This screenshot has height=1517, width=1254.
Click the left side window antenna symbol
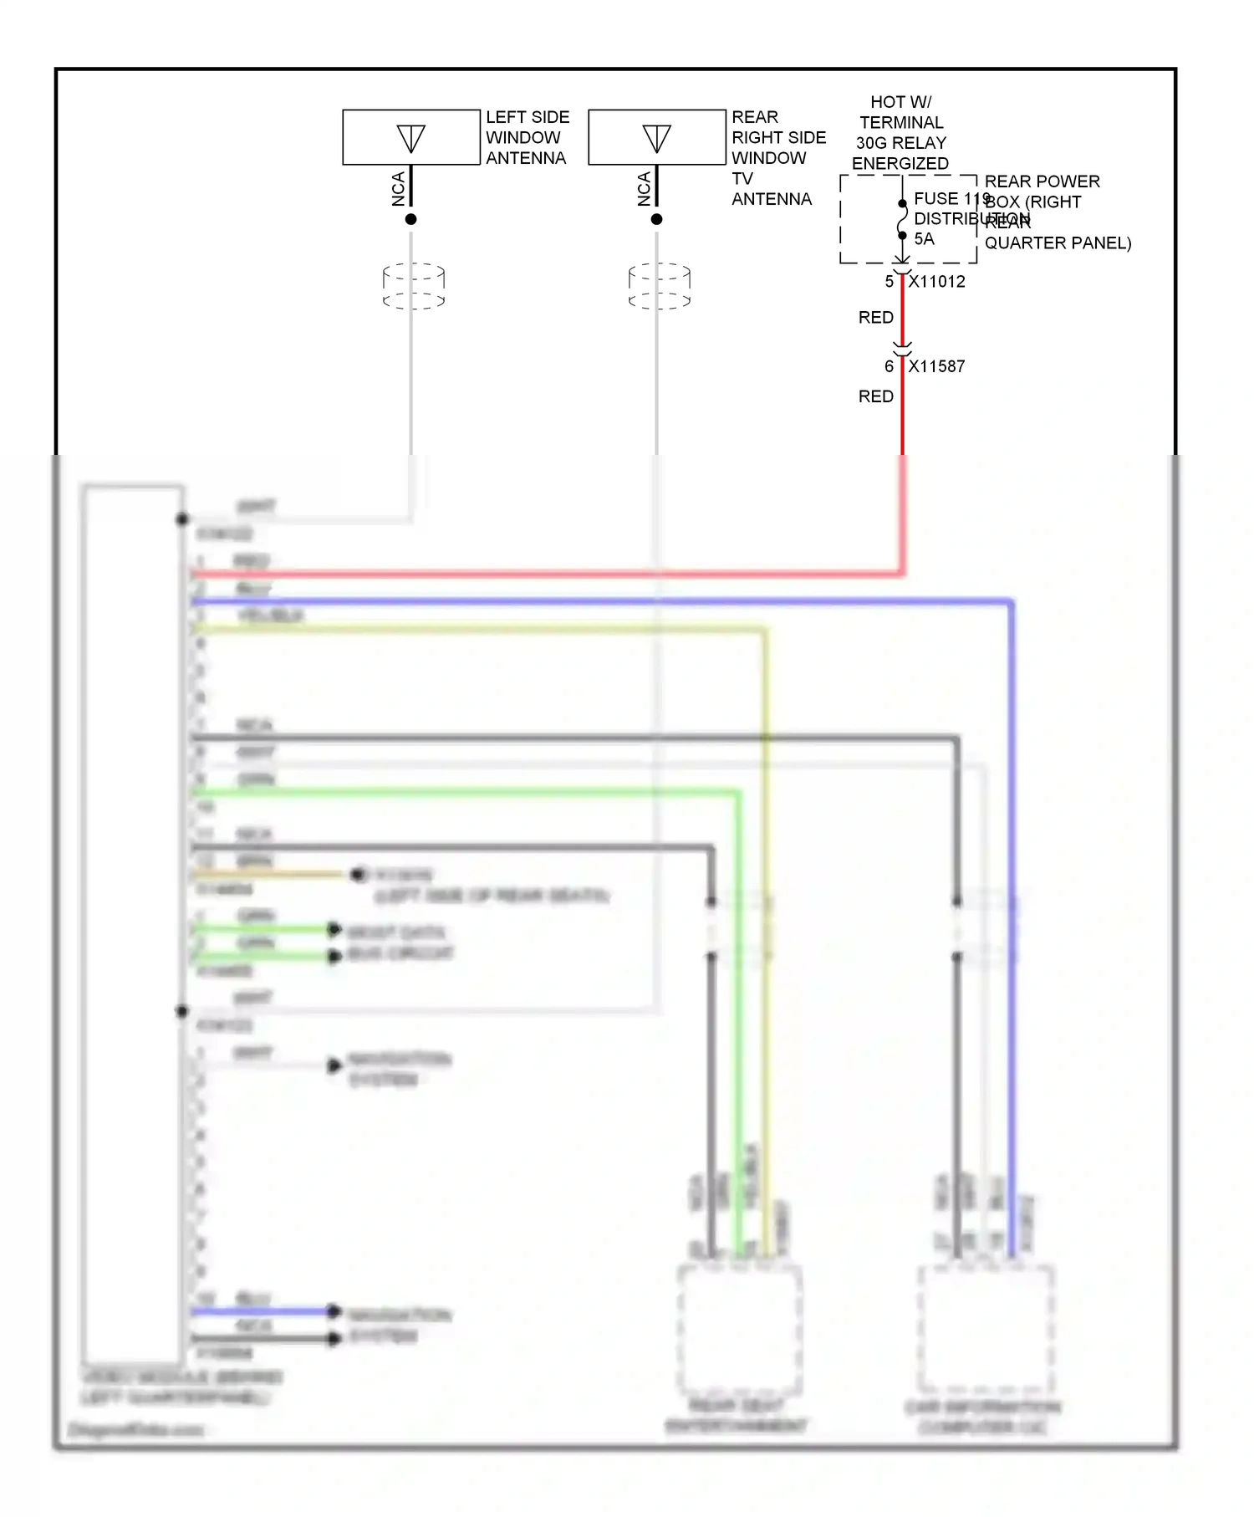[410, 138]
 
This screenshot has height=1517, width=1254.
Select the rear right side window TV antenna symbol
[656, 138]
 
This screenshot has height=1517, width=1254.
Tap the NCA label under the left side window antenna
[399, 189]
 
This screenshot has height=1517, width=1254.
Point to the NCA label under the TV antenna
[645, 189]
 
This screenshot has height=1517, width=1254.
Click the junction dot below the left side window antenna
[410, 219]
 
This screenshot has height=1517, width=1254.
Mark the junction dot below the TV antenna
[656, 219]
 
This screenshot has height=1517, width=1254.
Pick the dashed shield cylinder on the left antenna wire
[414, 286]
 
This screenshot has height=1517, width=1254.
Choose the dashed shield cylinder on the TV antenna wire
[660, 286]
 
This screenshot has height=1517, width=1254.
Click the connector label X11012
[936, 282]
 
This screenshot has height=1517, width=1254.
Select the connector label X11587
[936, 366]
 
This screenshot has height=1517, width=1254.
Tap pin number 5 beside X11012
[890, 282]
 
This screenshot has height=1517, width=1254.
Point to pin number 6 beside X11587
[890, 366]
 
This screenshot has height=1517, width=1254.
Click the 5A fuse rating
[924, 239]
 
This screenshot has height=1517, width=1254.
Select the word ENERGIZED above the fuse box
[900, 164]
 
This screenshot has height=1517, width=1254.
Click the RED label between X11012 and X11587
[876, 318]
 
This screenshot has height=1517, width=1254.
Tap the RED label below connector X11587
[876, 396]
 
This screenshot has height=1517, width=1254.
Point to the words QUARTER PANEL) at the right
[1058, 243]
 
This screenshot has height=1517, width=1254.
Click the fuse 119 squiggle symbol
[902, 220]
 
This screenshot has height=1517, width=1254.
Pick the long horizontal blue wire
[585, 601]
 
